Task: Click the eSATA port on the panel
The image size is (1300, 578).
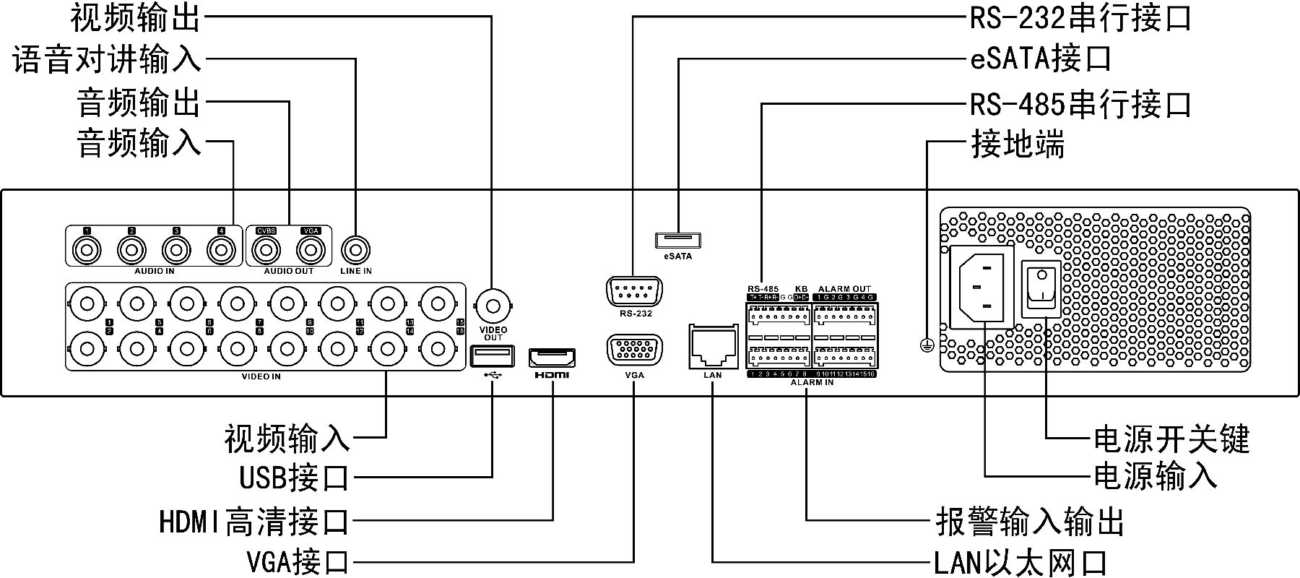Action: (x=678, y=240)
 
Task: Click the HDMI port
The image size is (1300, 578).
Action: (x=552, y=358)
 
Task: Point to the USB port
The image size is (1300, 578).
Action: (x=493, y=356)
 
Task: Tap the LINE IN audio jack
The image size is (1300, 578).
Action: (x=355, y=251)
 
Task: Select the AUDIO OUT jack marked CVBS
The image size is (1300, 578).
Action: (x=266, y=251)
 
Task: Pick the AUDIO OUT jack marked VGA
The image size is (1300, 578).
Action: (x=311, y=251)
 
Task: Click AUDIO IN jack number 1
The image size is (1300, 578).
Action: (x=87, y=251)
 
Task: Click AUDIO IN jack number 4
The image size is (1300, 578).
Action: (x=221, y=251)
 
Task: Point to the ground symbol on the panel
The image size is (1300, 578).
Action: (x=927, y=346)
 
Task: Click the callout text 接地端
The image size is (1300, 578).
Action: (x=1017, y=145)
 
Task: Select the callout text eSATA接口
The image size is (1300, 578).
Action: (x=1040, y=59)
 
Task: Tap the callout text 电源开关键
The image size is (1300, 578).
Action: (x=1171, y=439)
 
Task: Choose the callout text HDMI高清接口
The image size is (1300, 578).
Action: (x=253, y=522)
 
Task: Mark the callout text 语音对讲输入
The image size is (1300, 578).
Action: (x=107, y=60)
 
